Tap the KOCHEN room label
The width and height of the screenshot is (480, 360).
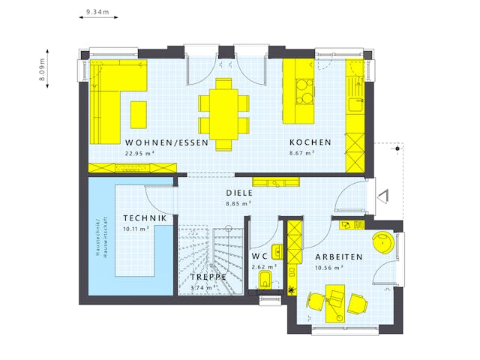310,142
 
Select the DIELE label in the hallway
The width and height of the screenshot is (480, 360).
239,192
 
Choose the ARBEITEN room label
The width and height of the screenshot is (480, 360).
339,256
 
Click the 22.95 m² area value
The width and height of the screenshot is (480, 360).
139,153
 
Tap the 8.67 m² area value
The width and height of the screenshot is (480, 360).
301,153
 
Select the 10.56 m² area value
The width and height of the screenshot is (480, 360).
328,267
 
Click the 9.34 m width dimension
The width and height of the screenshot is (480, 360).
97,13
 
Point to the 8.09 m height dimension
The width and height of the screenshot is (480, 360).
43,71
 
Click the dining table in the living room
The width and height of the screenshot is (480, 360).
224,112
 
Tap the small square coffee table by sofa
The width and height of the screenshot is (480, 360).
139,114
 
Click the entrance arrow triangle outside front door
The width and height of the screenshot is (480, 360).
383,196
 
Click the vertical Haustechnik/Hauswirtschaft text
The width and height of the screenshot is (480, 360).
103,236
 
